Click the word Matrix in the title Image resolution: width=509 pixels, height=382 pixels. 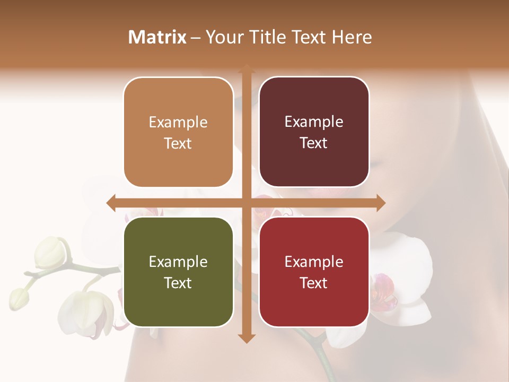coord(157,37)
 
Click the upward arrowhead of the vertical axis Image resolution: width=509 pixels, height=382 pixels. coord(246,70)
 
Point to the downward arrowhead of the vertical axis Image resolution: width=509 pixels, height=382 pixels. coord(246,338)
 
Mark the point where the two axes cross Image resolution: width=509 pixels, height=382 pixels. coord(246,203)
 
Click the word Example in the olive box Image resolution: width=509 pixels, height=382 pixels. coord(178,262)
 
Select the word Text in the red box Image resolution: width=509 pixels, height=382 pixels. coord(314,283)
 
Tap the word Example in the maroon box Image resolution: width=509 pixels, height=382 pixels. coord(314,122)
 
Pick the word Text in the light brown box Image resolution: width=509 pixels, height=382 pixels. coord(178,143)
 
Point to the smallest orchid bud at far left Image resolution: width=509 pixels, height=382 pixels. coord(19,299)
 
